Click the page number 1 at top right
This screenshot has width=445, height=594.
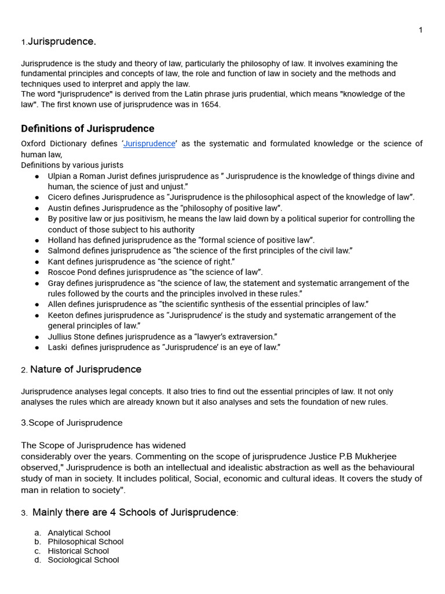click(x=420, y=30)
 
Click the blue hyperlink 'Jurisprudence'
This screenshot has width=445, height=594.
click(x=149, y=144)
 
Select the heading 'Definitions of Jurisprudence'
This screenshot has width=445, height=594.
click(x=87, y=129)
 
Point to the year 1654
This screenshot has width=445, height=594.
click(x=211, y=104)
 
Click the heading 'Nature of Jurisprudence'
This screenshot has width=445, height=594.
click(x=86, y=370)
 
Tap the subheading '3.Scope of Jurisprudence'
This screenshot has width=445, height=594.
click(x=72, y=423)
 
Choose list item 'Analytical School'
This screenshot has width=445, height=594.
click(x=79, y=533)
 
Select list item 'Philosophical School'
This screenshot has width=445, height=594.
click(x=86, y=542)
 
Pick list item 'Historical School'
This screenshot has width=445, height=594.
click(x=78, y=551)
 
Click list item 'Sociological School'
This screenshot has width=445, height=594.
click(x=83, y=560)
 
